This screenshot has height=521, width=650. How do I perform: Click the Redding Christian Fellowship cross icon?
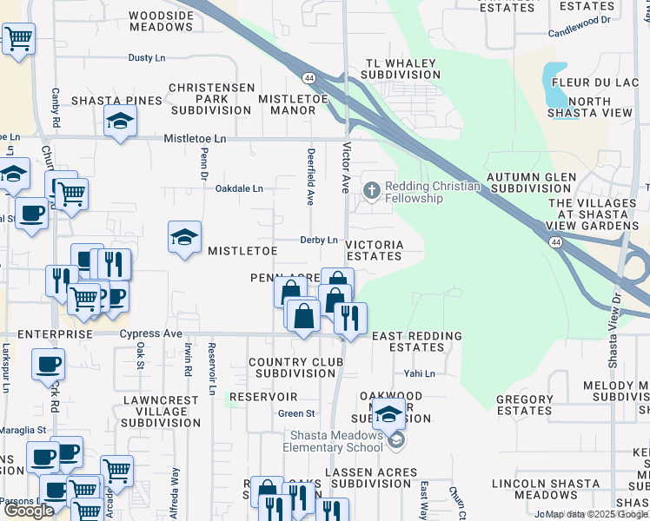pyautogui.click(x=372, y=189)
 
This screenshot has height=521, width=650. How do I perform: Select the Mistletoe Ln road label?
pyautogui.click(x=196, y=138)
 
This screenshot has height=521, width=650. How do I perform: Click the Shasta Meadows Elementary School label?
pyautogui.click(x=333, y=441)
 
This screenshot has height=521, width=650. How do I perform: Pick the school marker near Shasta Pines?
pyautogui.click(x=120, y=123)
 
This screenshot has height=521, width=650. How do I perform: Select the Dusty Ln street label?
pyautogui.click(x=146, y=57)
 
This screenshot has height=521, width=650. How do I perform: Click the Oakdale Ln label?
pyautogui.click(x=239, y=188)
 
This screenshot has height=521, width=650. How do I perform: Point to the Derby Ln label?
pyautogui.click(x=318, y=240)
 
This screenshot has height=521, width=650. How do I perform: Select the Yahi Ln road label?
pyautogui.click(x=419, y=373)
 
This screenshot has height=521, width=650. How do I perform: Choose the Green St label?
pyautogui.click(x=296, y=413)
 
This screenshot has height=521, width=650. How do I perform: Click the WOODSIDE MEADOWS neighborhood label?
pyautogui.click(x=161, y=22)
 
